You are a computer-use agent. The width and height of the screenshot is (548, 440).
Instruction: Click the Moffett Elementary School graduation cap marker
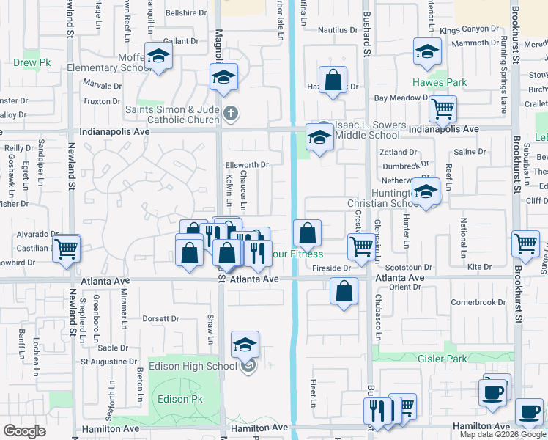coord(158,56)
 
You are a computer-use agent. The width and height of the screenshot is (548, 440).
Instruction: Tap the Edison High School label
coord(192,366)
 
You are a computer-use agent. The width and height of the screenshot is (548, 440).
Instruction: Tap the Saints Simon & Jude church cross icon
coord(231,113)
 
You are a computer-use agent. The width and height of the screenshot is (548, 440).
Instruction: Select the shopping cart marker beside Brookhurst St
coord(526,245)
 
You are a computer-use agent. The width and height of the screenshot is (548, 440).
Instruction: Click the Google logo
coord(24,430)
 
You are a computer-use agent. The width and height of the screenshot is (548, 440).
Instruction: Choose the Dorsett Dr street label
coord(160,319)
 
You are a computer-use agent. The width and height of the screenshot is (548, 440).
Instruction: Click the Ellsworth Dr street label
coord(247,164)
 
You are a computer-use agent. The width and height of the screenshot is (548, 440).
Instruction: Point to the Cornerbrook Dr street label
coord(478,302)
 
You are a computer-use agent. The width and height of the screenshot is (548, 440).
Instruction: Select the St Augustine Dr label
coord(109,361)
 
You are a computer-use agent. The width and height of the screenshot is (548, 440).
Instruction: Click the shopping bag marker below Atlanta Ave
coord(344,291)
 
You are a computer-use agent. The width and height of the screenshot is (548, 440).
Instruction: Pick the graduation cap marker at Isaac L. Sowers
coord(320,137)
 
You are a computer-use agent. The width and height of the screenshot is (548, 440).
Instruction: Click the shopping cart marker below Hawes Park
coord(443,109)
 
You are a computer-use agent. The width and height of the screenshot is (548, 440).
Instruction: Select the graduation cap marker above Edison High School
coord(245,344)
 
